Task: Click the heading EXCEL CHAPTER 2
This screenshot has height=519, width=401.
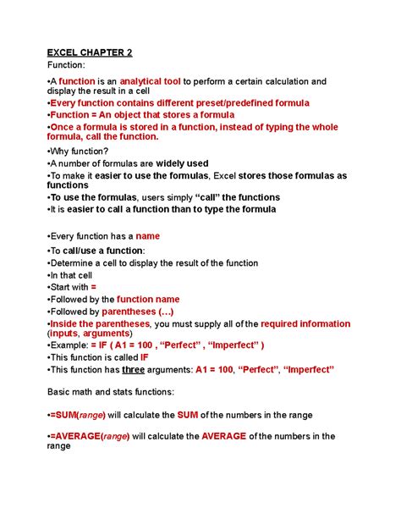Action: tap(89, 52)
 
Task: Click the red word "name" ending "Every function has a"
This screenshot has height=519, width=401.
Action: tap(148, 236)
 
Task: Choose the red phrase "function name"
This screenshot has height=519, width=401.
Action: tap(148, 299)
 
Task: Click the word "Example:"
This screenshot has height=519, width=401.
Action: tap(75, 345)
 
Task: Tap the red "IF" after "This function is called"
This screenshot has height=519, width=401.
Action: tap(144, 357)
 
